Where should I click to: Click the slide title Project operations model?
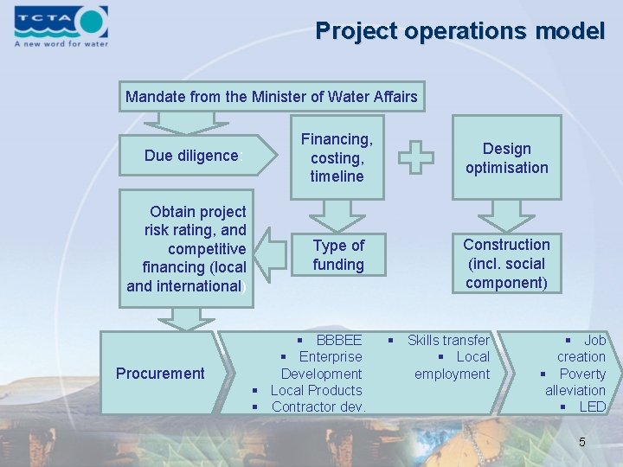pos(459,31)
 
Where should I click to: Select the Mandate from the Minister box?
pos(271,97)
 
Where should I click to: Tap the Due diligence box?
pos(191,156)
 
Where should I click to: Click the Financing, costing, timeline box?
pos(337,157)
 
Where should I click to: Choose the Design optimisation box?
pos(506,158)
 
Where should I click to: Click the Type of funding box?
pos(337,255)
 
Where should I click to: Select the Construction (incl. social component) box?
pos(506,264)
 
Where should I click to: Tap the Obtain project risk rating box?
pos(187,248)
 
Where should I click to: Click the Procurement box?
pos(160,374)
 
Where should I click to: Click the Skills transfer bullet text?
pos(447,340)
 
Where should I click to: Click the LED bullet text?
pos(592,406)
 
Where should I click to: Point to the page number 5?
pos(582,442)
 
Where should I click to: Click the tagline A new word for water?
pos(61,43)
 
